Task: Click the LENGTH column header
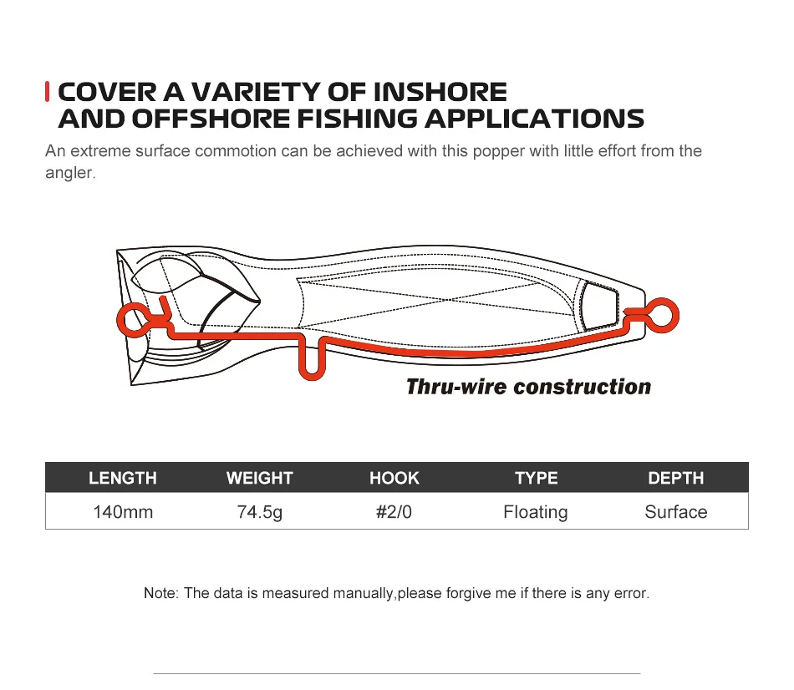123,478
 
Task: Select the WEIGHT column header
260,478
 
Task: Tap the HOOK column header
394,478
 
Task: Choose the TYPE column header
537,478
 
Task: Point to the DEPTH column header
676,478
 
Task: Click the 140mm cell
123,512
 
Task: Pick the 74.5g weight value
260,512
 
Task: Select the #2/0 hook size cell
394,512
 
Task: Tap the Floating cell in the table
536,512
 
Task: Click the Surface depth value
676,512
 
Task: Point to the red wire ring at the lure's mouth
120,321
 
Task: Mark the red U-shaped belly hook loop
312,376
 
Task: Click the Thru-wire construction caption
529,387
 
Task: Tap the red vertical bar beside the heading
47,92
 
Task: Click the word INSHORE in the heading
440,92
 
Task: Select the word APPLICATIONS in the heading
534,119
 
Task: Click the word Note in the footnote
160,593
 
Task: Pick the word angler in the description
69,173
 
